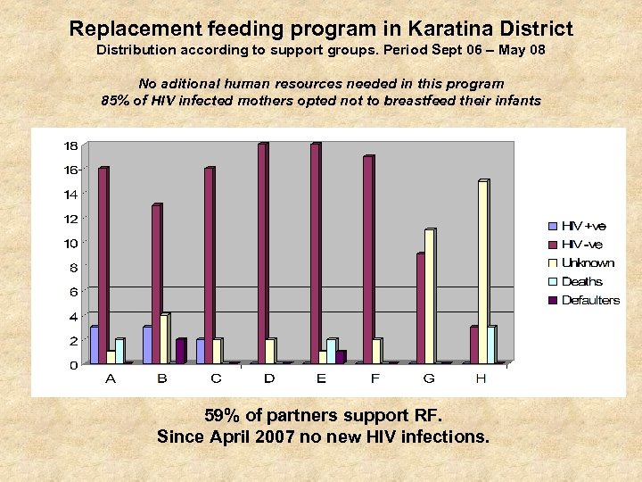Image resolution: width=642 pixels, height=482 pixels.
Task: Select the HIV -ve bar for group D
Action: pyautogui.click(x=262, y=253)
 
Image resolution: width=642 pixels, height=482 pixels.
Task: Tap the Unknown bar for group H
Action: pyautogui.click(x=482, y=271)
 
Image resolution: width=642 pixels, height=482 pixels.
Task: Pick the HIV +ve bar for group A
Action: pyautogui.click(x=95, y=345)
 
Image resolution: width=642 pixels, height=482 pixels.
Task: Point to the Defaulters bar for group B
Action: pyautogui.click(x=180, y=352)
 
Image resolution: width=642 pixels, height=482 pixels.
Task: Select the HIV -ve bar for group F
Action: pyautogui.click(x=367, y=260)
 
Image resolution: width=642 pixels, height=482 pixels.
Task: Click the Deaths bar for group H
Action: pyautogui.click(x=491, y=345)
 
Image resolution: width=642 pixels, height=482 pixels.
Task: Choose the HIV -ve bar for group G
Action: pyautogui.click(x=421, y=309)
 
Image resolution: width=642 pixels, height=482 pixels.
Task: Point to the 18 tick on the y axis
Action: pyautogui.click(x=70, y=145)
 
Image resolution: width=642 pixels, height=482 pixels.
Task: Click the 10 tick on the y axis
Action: pyautogui.click(x=70, y=243)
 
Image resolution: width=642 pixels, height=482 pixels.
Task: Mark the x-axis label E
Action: pyautogui.click(x=321, y=378)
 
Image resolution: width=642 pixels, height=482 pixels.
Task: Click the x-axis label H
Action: pyautogui.click(x=481, y=378)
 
